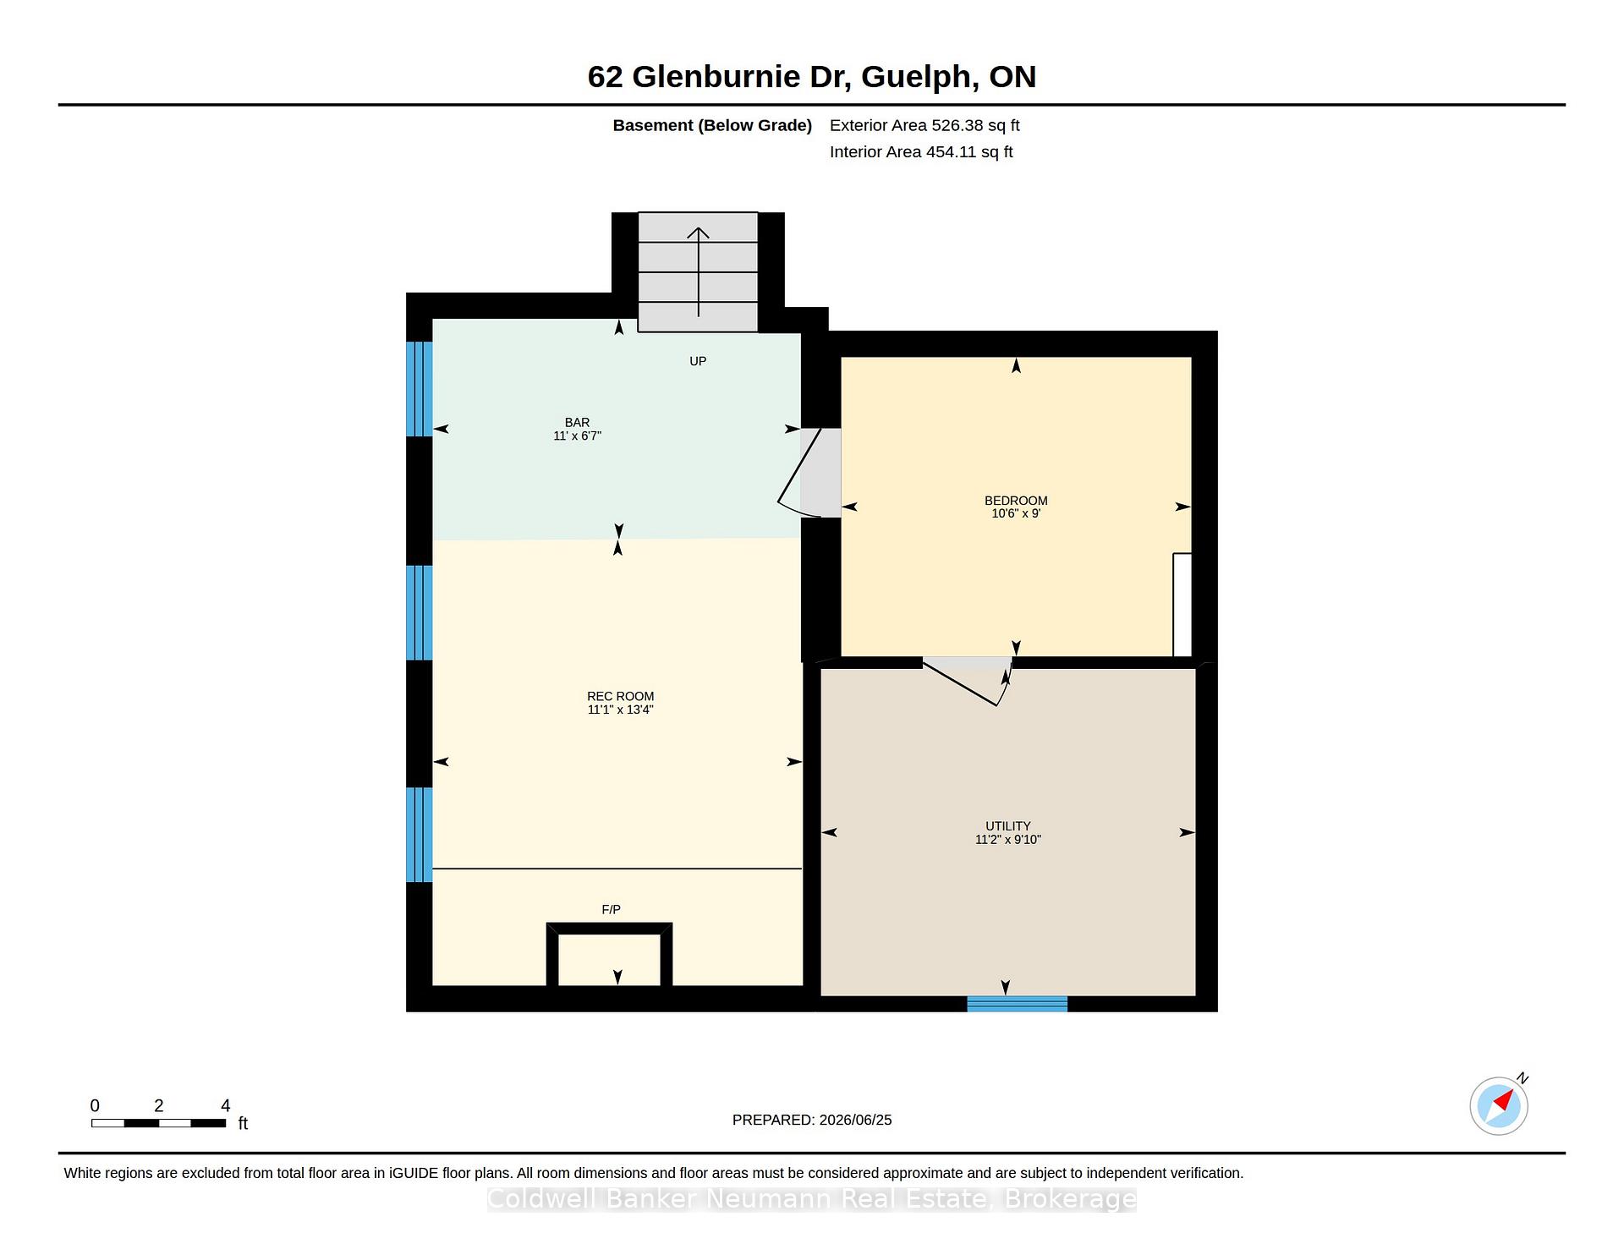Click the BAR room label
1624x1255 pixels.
pyautogui.click(x=578, y=423)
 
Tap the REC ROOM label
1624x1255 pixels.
pyautogui.click(x=621, y=697)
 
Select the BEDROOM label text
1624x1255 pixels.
pyautogui.click(x=1016, y=501)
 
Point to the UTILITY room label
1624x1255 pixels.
pyautogui.click(x=1008, y=826)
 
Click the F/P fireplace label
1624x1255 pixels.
pyautogui.click(x=612, y=910)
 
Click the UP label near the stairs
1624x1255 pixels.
pyautogui.click(x=698, y=361)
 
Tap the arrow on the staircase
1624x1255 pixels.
pyautogui.click(x=698, y=271)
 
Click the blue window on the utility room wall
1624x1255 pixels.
pyautogui.click(x=1018, y=1004)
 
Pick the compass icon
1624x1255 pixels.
pyautogui.click(x=1499, y=1105)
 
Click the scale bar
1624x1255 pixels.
pyautogui.click(x=159, y=1123)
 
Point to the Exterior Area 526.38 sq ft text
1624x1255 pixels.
pyautogui.click(x=924, y=125)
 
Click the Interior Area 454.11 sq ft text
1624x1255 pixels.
pyautogui.click(x=921, y=152)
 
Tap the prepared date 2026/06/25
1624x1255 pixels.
pyautogui.click(x=855, y=1120)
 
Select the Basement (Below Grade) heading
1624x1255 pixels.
pyautogui.click(x=712, y=125)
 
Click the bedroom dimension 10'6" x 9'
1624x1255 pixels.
pyautogui.click(x=1016, y=513)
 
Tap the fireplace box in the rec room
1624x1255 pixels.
pyautogui.click(x=609, y=955)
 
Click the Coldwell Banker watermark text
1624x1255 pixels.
pyautogui.click(x=812, y=1199)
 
